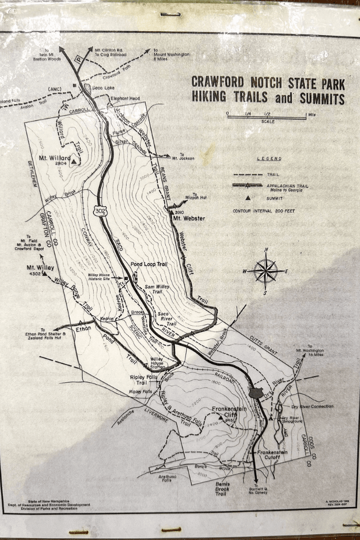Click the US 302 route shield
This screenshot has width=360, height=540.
(101, 212)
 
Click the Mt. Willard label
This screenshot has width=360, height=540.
(55, 157)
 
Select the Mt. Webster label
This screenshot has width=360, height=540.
(190, 219)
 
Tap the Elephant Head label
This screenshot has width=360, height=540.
(125, 98)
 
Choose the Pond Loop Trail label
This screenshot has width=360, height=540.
(149, 264)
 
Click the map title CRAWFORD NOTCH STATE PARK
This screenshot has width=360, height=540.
(267, 82)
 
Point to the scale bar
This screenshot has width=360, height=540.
(266, 117)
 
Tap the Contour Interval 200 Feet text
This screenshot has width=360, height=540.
(264, 211)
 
